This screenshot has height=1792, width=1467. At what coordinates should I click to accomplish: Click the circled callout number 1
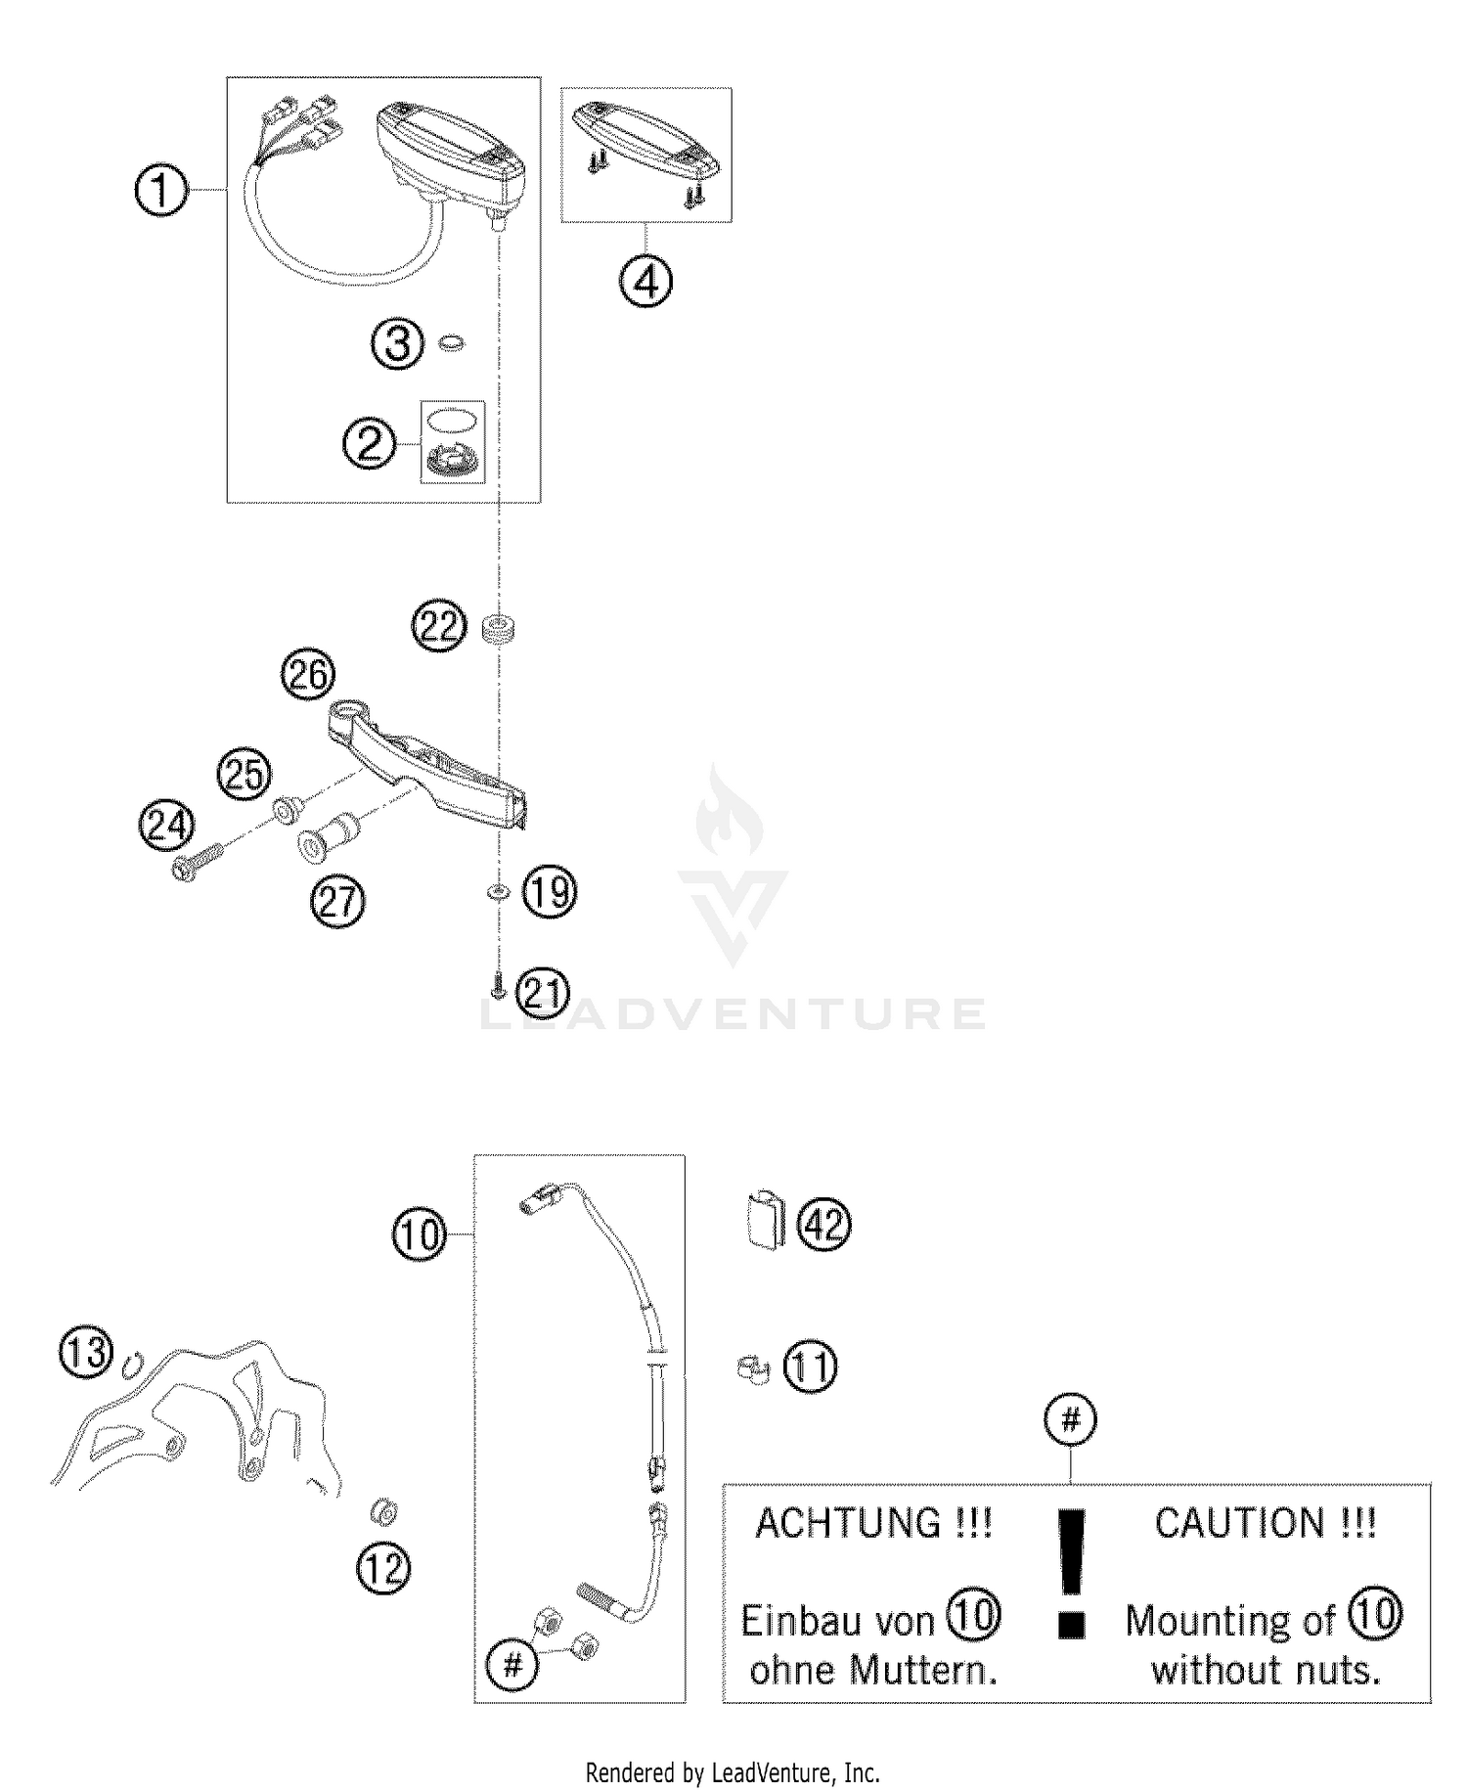(x=160, y=190)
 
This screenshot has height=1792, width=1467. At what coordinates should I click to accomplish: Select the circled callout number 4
(x=645, y=283)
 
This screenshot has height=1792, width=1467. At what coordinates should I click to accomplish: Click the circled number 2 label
(x=369, y=445)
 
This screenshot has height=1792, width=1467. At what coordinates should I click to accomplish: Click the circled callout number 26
(x=308, y=675)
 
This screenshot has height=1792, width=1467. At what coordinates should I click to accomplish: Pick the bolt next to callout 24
(x=196, y=864)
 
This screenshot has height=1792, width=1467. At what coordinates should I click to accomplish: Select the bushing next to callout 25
(x=287, y=811)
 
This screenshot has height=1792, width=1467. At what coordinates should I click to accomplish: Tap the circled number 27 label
(x=337, y=901)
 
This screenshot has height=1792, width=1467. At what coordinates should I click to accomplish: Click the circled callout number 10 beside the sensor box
(x=420, y=1234)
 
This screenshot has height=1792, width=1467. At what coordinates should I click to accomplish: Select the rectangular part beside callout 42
(x=765, y=1219)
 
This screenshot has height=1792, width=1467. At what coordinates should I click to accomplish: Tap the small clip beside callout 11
(x=752, y=1367)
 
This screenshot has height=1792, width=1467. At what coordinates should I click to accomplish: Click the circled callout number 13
(x=87, y=1354)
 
